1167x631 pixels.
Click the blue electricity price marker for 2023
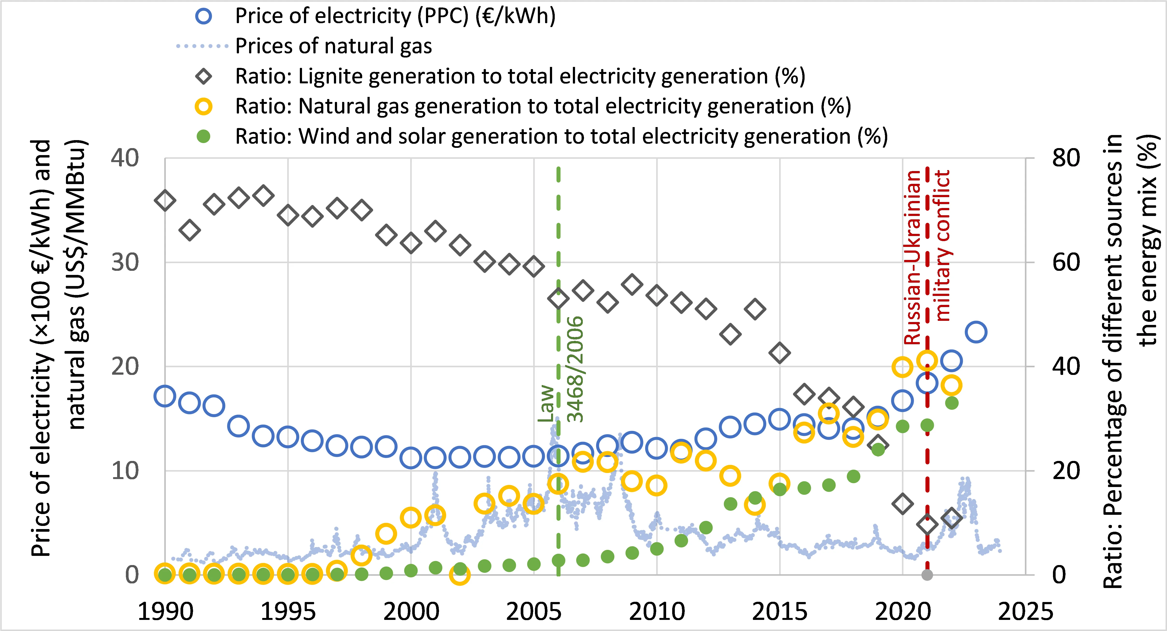(x=976, y=332)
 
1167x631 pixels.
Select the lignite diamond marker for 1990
(x=165, y=200)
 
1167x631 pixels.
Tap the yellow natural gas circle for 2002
(x=460, y=575)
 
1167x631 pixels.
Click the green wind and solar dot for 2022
(x=951, y=403)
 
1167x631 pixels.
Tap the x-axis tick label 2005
(x=534, y=612)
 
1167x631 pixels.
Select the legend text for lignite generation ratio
(x=520, y=76)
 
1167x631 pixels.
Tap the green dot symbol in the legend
(x=204, y=136)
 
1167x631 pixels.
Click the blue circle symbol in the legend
(x=204, y=16)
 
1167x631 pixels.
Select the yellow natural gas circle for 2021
(x=927, y=361)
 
